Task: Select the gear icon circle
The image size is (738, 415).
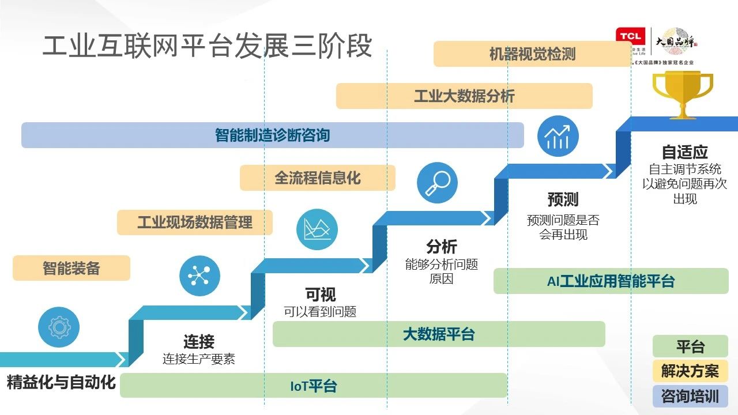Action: click(x=59, y=327)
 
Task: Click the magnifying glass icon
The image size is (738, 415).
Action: click(x=437, y=183)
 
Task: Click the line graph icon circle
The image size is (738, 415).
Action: click(x=317, y=229)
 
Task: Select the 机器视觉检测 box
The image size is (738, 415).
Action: click(x=532, y=54)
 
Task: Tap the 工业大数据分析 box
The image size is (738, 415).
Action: click(x=464, y=96)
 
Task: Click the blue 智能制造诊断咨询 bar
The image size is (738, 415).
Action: click(x=272, y=135)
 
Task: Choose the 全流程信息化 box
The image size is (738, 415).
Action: click(x=317, y=178)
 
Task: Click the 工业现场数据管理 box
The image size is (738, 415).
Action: click(x=194, y=222)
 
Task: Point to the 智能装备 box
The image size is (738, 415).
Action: click(x=71, y=268)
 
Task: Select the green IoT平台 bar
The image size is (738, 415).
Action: click(x=313, y=386)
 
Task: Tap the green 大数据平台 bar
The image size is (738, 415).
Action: click(x=438, y=334)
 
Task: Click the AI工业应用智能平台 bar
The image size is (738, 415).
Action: click(x=611, y=281)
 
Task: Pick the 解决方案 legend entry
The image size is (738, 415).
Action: click(x=690, y=371)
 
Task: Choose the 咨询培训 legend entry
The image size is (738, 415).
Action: click(x=690, y=397)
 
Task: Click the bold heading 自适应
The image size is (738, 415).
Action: click(x=684, y=152)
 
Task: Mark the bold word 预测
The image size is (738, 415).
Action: click(x=563, y=200)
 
